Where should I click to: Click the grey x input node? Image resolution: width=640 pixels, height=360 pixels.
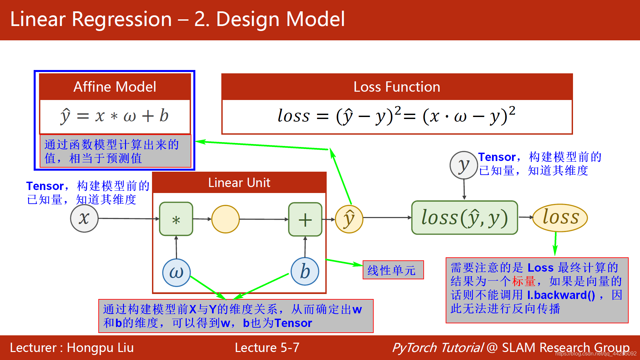pyautogui.click(x=84, y=218)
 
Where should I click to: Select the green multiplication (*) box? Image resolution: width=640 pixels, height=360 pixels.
pyautogui.click(x=176, y=219)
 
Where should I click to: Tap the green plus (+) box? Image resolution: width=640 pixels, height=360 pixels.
pyautogui.click(x=305, y=219)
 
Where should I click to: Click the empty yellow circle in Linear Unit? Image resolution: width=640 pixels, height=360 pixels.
pyautogui.click(x=226, y=219)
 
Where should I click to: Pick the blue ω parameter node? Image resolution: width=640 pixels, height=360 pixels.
pyautogui.click(x=176, y=273)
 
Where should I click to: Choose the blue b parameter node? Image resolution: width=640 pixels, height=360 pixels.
pyautogui.click(x=305, y=271)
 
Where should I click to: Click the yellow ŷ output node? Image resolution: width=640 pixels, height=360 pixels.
pyautogui.click(x=349, y=219)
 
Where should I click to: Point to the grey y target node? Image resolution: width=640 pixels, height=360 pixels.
pyautogui.click(x=464, y=165)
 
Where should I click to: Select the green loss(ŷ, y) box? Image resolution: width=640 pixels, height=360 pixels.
pyautogui.click(x=464, y=218)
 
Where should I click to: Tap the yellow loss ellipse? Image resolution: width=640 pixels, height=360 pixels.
pyautogui.click(x=560, y=218)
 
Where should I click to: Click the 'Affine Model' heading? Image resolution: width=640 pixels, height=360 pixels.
pyautogui.click(x=115, y=87)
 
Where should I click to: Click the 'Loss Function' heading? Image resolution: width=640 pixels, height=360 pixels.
pyautogui.click(x=397, y=87)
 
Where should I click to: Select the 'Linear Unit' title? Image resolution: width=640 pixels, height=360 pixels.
pyautogui.click(x=239, y=183)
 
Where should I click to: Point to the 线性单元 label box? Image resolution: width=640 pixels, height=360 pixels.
pyautogui.click(x=393, y=270)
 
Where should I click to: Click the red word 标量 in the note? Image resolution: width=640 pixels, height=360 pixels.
pyautogui.click(x=523, y=281)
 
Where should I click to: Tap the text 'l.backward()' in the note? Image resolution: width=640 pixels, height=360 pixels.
pyautogui.click(x=561, y=295)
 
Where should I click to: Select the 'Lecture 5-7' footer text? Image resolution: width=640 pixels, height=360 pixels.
pyautogui.click(x=267, y=348)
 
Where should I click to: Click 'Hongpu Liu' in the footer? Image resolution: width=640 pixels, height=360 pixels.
pyautogui.click(x=100, y=348)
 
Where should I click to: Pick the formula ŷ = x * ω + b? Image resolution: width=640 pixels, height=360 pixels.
pyautogui.click(x=115, y=116)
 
